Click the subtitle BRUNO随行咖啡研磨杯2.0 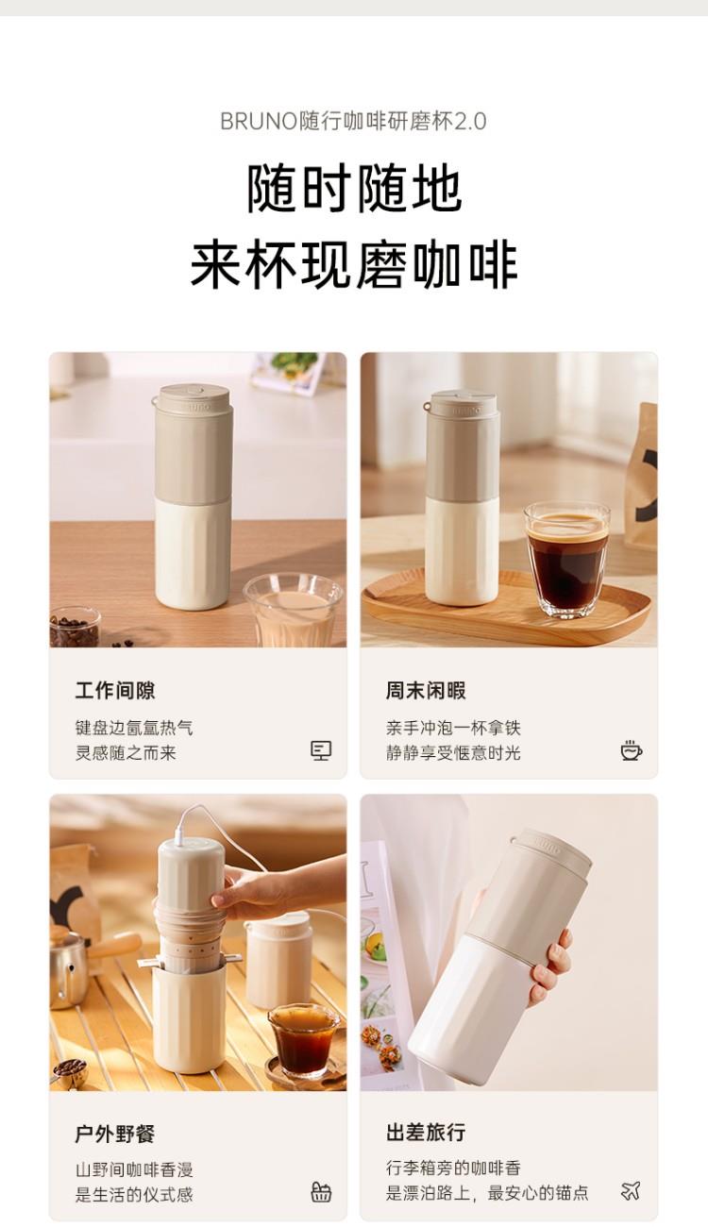coord(353,121)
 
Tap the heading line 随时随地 coord(354,189)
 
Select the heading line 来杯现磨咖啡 coord(354,265)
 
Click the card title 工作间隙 coord(115,690)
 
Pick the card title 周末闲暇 coord(426,690)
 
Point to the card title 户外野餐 coord(115,1134)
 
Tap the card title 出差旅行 coord(426,1132)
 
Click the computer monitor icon coord(321,750)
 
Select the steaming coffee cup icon coord(632,750)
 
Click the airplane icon coord(631,1190)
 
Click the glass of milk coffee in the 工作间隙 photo coord(294,610)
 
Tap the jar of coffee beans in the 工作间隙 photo coord(76,628)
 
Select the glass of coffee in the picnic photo coord(304,1040)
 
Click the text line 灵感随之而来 coord(126,752)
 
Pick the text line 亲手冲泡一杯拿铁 coord(453,728)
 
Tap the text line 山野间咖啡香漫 coord(134,1169)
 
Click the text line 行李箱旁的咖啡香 coord(453,1168)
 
